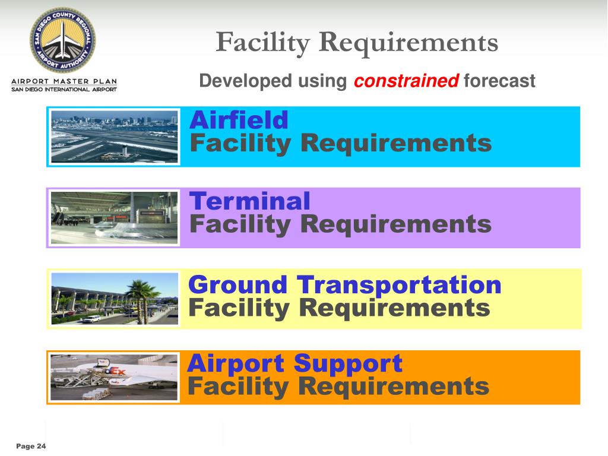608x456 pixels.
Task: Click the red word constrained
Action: coord(406,81)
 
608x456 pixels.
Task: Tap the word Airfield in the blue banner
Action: coord(239,121)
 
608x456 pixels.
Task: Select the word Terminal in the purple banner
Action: coord(249,201)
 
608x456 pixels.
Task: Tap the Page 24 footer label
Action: coord(31,446)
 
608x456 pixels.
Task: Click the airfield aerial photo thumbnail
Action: coord(114,136)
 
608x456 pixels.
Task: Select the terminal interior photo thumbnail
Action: coord(114,217)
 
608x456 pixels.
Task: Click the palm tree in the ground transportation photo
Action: coord(140,294)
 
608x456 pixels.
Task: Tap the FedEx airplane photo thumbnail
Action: coord(114,377)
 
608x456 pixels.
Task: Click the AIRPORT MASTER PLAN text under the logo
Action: coord(64,81)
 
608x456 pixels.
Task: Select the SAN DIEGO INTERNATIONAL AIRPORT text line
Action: coord(64,90)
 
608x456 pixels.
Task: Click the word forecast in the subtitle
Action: coord(499,81)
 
